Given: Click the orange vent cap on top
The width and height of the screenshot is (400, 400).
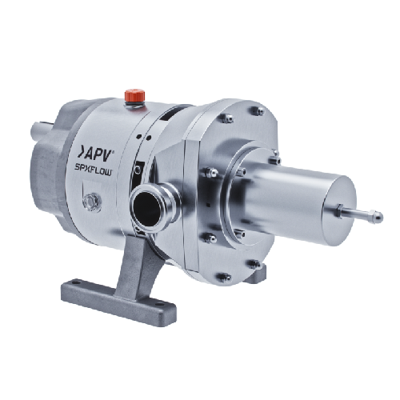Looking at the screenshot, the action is (135, 96).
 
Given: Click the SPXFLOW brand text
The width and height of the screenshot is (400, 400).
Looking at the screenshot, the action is (92, 171).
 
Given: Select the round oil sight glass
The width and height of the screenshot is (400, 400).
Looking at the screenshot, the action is (91, 203).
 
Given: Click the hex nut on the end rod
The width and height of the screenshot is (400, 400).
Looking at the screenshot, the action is (339, 210).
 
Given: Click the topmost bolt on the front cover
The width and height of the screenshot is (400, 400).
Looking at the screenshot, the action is (257, 110).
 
